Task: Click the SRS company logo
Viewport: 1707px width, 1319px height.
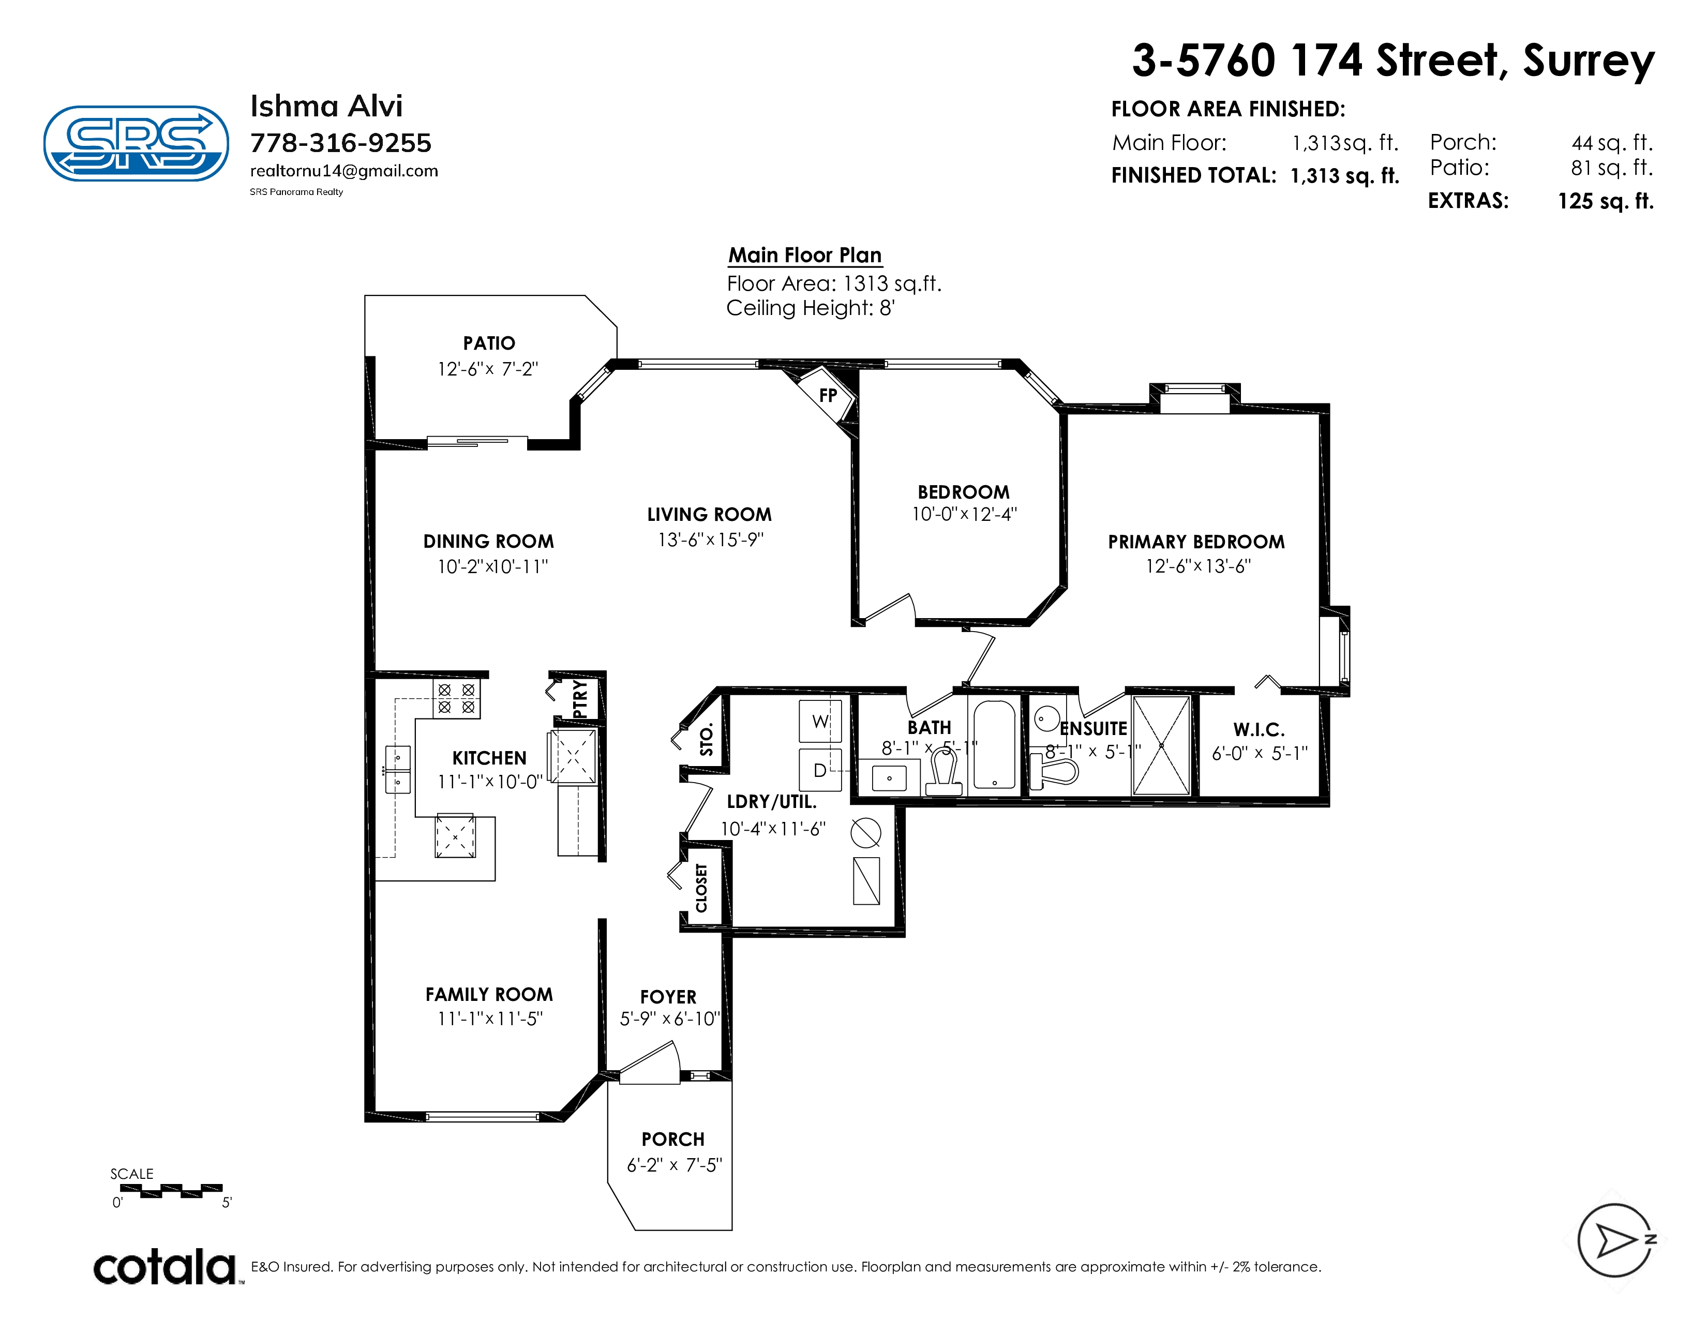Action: click(136, 144)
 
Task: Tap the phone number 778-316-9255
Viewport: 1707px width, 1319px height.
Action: click(341, 143)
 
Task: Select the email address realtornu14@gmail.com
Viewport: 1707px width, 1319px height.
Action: click(344, 171)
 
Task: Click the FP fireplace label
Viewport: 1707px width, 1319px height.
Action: click(828, 395)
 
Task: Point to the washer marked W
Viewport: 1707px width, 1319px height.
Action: click(820, 721)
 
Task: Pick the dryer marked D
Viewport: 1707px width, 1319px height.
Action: click(820, 770)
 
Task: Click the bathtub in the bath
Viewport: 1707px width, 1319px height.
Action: click(994, 744)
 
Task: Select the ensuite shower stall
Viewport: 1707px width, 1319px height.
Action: click(1161, 745)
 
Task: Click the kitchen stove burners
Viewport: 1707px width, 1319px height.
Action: click(456, 699)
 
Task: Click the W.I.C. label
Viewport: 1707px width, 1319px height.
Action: click(1259, 730)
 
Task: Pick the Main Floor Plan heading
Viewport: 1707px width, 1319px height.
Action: click(805, 256)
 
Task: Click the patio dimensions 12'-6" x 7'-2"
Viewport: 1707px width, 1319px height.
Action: click(488, 369)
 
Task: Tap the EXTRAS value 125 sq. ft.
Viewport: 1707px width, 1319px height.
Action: click(1606, 202)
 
